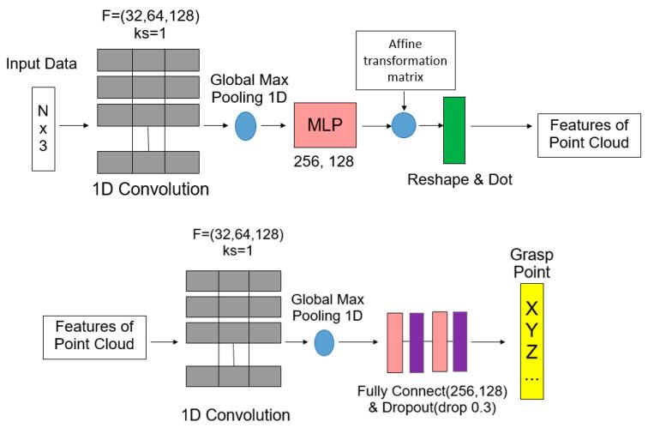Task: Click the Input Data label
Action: point(43,64)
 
